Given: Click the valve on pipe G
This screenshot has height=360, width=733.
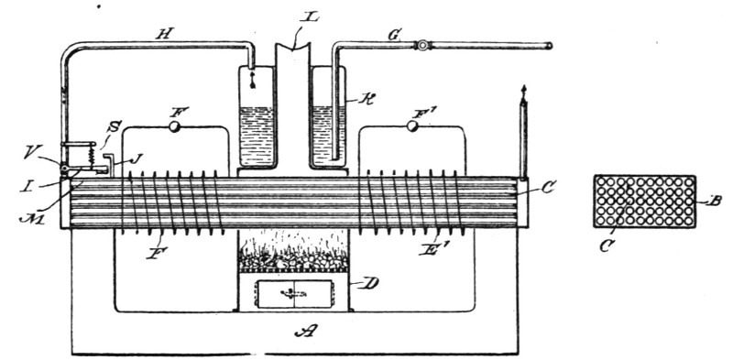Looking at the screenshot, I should (x=423, y=44).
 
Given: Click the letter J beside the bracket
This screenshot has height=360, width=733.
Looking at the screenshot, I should (x=137, y=159).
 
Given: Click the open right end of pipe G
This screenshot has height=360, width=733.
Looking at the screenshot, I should (x=548, y=44).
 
